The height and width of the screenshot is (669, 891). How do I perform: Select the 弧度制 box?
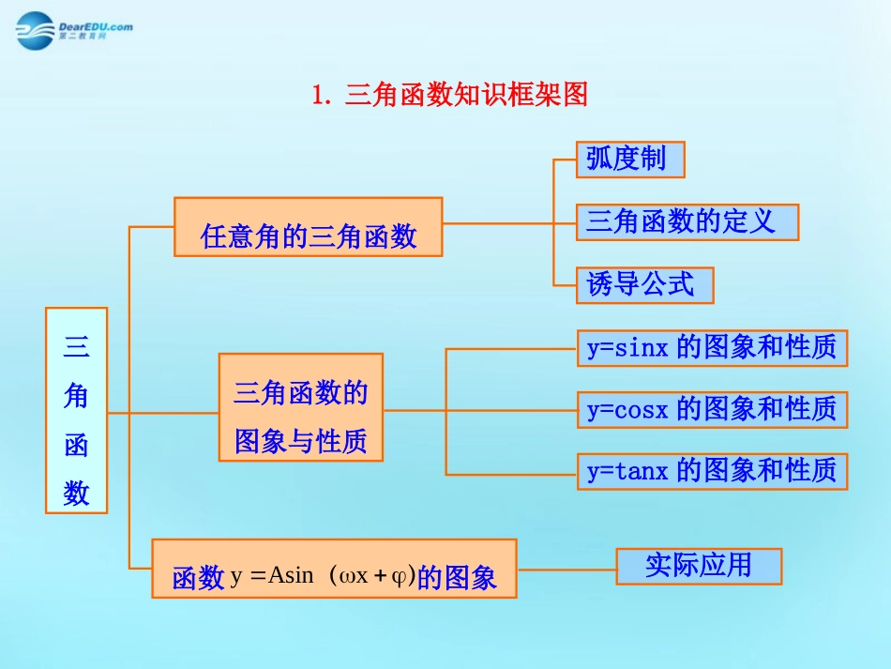coord(629,159)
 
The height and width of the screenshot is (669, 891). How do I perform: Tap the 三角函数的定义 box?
coord(687,222)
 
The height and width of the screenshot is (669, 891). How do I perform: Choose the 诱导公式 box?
coord(644,285)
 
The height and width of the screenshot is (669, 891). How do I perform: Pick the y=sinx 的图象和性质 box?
coord(712,348)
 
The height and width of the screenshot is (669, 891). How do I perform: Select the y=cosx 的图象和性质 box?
coord(712,409)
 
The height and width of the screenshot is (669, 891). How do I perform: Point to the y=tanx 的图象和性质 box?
coord(712,470)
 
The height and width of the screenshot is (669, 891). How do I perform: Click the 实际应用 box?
coord(699,566)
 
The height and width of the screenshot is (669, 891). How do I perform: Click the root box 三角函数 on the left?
coord(76,410)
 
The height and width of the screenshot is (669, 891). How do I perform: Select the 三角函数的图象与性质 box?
coord(300,406)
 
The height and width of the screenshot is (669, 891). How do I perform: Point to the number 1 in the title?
coord(319,95)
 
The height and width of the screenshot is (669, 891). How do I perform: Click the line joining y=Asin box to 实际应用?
coord(566,567)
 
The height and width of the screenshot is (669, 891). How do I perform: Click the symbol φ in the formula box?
coord(399,575)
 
